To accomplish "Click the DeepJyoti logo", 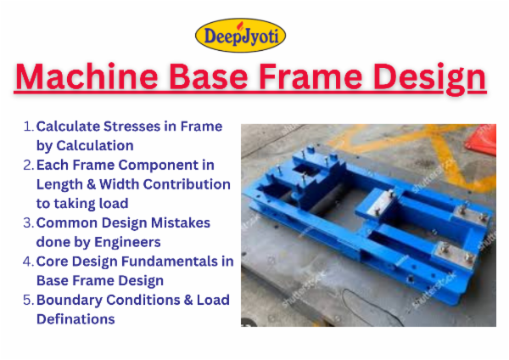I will [x=241, y=35].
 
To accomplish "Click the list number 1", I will [x=28, y=127].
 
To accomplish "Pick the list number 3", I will [x=28, y=222].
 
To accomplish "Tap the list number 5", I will [x=28, y=300].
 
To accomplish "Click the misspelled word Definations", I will [x=76, y=319].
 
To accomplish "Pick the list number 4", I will [x=28, y=262].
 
